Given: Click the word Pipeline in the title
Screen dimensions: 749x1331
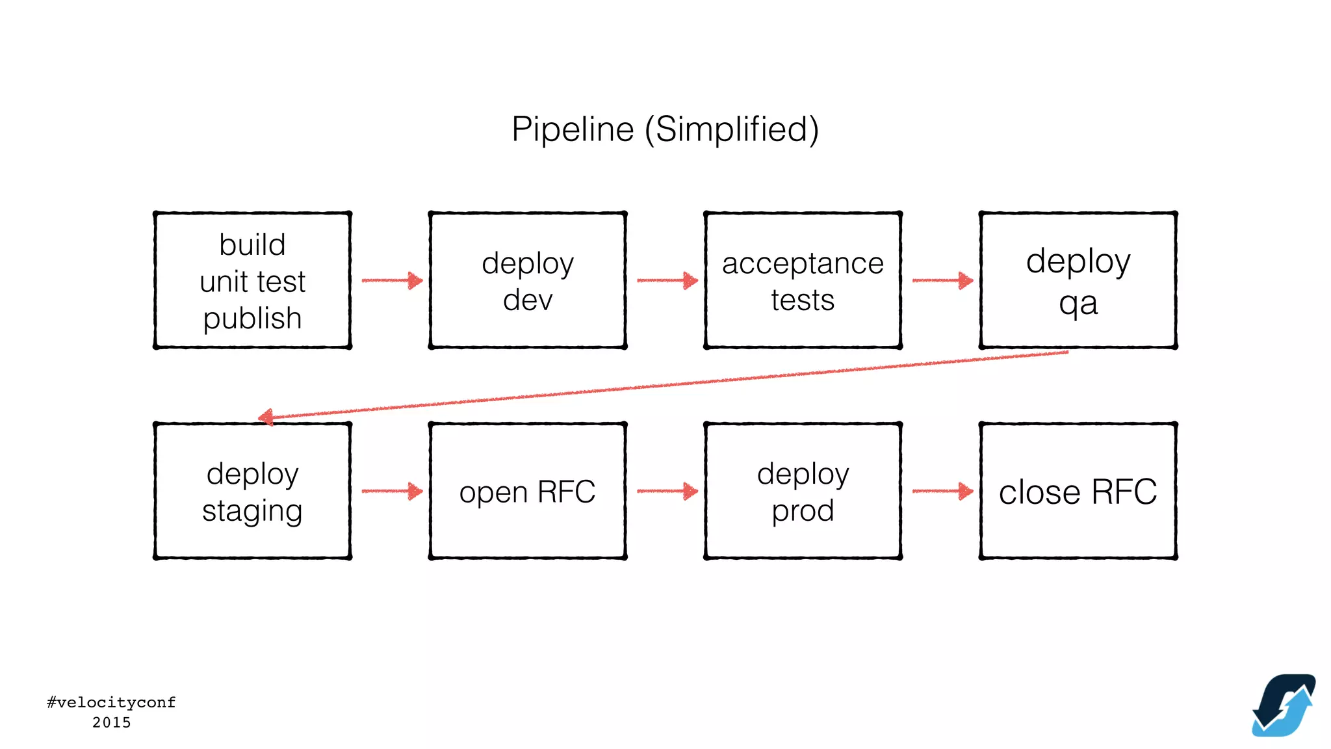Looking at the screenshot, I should (572, 129).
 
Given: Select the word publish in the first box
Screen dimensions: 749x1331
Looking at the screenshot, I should (252, 319).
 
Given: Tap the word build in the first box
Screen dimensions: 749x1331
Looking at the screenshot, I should (252, 245).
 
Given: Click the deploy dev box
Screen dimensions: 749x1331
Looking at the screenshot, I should (528, 280).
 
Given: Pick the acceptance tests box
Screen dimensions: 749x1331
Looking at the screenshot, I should (803, 280).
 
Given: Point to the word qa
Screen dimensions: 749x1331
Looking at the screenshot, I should (1078, 303).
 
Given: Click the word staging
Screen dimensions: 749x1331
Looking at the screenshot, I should (252, 511).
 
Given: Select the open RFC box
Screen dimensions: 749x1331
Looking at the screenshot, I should (528, 492).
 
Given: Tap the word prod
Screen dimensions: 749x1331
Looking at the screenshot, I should (803, 511).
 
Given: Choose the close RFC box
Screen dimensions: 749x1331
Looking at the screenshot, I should (1078, 492).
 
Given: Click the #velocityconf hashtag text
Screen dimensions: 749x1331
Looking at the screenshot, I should (111, 702).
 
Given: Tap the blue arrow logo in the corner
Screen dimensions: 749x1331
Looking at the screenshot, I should (1284, 705).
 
